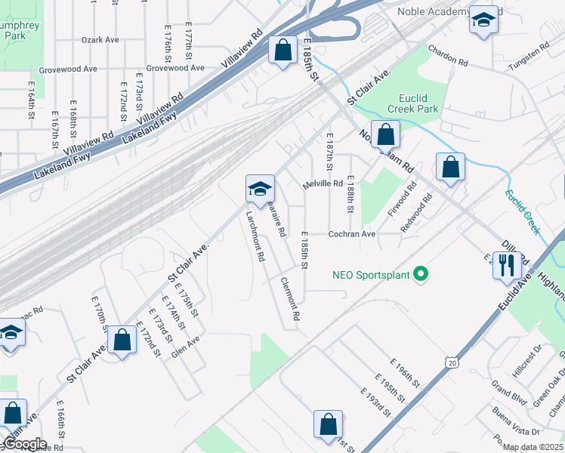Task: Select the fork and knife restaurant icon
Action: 506,265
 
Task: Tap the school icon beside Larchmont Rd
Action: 259,189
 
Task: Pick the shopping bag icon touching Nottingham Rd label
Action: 385,135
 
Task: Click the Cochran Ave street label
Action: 351,234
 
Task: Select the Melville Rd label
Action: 323,184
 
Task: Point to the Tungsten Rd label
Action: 528,53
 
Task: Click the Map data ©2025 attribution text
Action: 533,447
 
